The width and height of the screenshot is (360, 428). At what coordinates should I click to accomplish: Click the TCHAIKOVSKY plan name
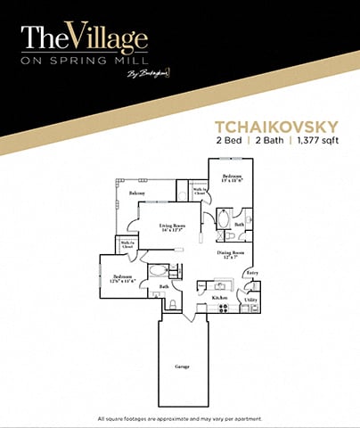(273, 126)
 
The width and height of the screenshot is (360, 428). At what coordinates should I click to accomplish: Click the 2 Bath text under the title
(266, 141)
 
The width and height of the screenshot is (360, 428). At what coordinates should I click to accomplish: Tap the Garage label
(181, 366)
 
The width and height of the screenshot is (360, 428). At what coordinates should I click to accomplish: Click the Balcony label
(137, 193)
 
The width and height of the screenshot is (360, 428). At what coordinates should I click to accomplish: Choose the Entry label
(252, 272)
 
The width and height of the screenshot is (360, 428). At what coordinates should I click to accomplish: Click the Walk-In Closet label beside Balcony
(201, 191)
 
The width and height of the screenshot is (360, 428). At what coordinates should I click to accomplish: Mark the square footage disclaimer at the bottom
(180, 418)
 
